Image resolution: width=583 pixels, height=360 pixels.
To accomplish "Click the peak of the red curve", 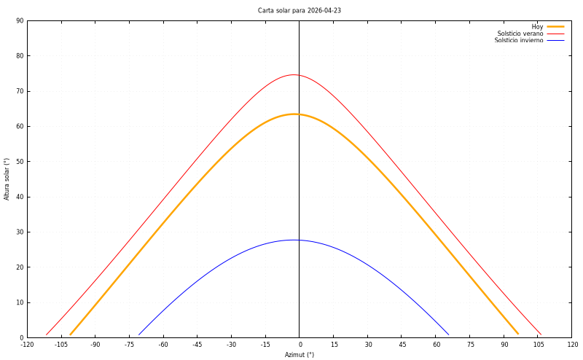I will tap(294, 75).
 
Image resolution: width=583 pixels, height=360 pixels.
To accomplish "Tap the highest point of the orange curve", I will tap(294, 114).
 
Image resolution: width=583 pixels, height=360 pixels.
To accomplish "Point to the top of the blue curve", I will tap(294, 240).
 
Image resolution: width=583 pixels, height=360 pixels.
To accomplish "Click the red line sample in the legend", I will tap(555, 34).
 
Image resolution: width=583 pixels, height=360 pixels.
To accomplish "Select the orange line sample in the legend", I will tap(555, 26).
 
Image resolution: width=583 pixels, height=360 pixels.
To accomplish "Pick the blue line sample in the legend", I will tap(555, 41).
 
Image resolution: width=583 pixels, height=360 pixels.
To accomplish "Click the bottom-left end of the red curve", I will tap(47, 335).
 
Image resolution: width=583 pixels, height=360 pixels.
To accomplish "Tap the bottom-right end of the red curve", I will tap(541, 335).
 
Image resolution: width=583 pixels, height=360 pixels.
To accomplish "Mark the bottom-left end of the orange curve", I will tap(71, 335).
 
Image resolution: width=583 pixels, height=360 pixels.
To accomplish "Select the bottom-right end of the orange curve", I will tap(517, 335).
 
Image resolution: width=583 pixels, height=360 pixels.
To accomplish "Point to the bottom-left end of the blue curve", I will tap(139, 335).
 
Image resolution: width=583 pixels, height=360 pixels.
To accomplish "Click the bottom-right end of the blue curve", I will tap(449, 335).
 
